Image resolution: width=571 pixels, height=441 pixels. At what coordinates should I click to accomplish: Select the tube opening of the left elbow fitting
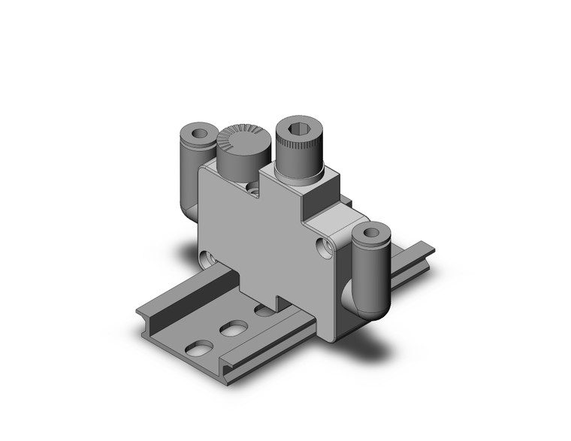click(198, 134)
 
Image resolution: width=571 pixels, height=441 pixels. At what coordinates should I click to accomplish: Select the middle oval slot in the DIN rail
click(235, 328)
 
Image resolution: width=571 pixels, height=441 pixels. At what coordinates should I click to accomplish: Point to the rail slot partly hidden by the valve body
click(264, 310)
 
